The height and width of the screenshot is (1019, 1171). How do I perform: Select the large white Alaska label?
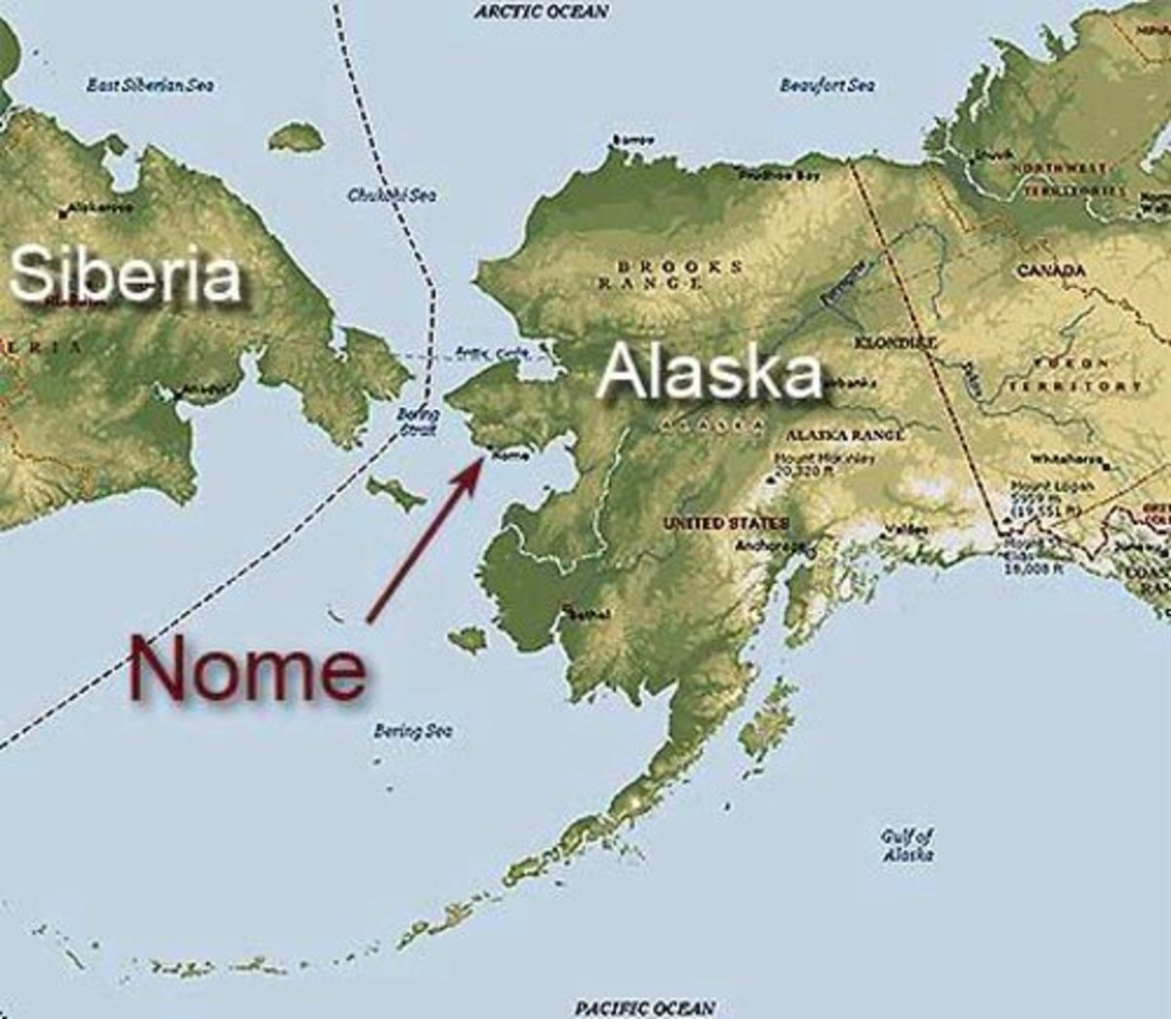click(709, 372)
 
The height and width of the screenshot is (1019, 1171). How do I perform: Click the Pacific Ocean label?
click(644, 1006)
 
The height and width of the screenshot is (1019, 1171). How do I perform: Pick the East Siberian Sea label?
click(151, 85)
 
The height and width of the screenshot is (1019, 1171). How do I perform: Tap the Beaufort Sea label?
click(828, 85)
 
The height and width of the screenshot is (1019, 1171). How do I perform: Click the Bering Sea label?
click(413, 730)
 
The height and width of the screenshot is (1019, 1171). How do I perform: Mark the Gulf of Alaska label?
click(908, 844)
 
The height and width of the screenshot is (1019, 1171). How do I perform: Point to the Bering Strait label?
click(418, 421)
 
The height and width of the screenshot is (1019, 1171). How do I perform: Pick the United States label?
click(727, 523)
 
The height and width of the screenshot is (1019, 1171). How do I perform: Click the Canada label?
click(1051, 269)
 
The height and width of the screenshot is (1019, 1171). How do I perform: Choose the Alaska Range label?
click(843, 434)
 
